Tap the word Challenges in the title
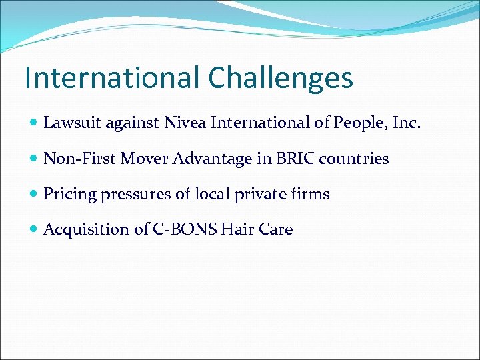(x=280, y=78)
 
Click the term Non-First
(x=79, y=159)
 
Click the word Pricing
(x=69, y=195)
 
